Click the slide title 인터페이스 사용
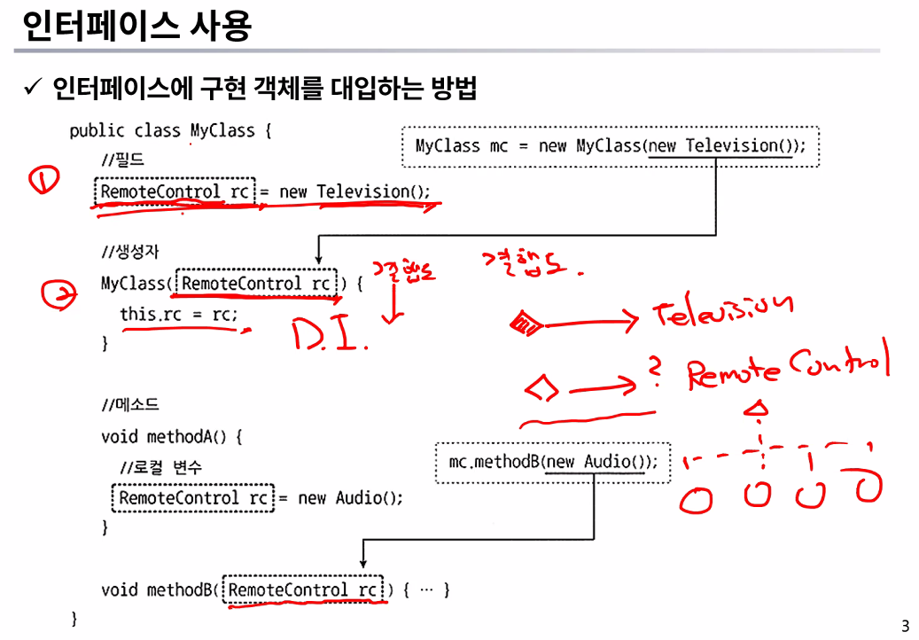[136, 27]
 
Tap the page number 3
[905, 626]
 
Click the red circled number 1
[43, 182]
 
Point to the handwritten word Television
[722, 311]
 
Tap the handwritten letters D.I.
[329, 334]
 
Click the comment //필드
[122, 161]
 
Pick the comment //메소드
[129, 407]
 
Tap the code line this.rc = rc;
[179, 315]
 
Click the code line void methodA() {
[171, 437]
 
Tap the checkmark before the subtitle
[33, 89]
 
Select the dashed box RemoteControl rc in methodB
[304, 589]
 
